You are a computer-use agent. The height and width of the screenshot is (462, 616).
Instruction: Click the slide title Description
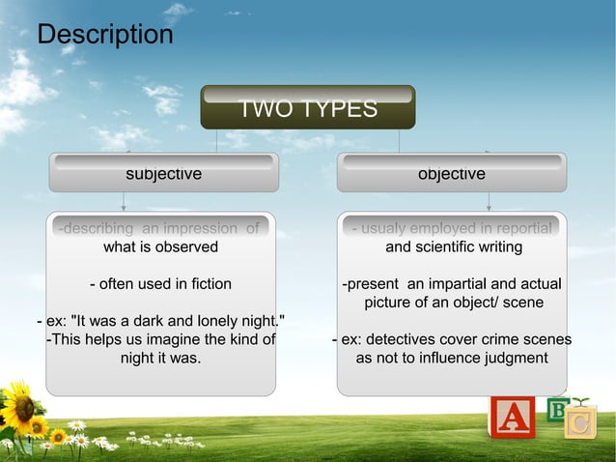pos(105,35)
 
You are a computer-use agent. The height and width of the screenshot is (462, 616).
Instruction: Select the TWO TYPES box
pos(307,108)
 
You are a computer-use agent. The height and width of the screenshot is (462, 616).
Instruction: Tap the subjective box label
pos(164,174)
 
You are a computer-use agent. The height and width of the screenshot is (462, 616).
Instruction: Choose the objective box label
pos(451,174)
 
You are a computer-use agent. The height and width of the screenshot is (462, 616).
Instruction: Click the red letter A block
pos(512,418)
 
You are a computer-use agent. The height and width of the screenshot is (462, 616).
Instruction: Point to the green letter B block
pos(557,410)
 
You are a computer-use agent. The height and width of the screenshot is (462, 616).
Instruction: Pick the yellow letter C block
pos(580,423)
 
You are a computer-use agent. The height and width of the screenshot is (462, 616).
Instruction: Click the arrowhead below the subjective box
pos(124,206)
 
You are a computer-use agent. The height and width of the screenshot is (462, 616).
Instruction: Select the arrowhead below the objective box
pos(489,206)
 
